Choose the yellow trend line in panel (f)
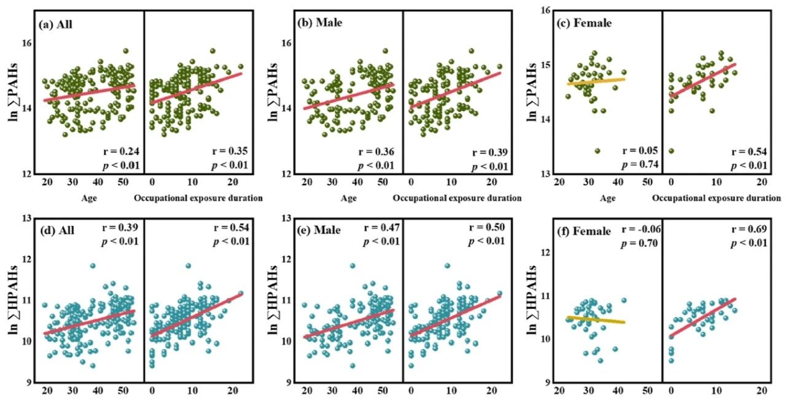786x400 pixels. click(596, 320)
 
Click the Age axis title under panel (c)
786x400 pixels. click(609, 198)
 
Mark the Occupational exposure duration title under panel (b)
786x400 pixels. click(457, 198)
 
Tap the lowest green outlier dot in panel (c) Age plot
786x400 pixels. click(598, 151)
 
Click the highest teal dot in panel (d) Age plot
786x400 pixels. click(93, 266)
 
